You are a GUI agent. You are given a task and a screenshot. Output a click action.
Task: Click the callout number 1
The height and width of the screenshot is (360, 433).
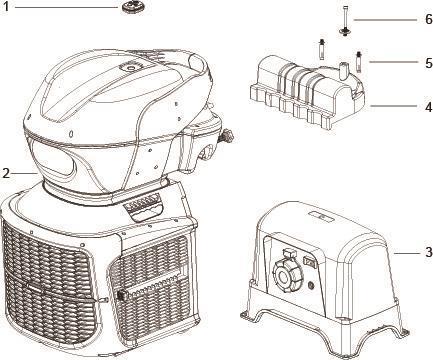5,7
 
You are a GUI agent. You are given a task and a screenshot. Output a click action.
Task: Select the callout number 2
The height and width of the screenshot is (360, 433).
6,173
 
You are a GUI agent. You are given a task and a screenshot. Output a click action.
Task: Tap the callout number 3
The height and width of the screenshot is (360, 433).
429,252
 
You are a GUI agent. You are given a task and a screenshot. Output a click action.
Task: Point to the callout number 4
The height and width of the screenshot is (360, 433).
429,107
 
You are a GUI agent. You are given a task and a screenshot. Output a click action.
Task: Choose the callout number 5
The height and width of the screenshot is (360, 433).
429,63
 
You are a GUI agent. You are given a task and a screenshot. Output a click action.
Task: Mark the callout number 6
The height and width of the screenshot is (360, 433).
429,19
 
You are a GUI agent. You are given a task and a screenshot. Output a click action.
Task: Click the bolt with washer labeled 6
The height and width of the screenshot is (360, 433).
344,21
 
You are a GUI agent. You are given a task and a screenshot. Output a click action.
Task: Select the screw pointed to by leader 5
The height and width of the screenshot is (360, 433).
359,61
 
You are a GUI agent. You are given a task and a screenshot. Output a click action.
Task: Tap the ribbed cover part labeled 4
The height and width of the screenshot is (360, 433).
307,91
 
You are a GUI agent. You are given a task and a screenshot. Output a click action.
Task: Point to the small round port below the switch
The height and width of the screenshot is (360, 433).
311,285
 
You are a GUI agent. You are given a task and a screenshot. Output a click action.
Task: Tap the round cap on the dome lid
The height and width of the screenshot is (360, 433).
129,68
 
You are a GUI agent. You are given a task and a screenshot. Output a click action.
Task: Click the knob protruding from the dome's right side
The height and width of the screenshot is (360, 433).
227,136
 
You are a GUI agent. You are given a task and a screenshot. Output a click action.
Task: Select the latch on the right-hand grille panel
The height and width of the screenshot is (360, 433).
122,295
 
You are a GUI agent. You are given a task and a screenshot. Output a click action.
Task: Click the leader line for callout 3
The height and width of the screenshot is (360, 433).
407,253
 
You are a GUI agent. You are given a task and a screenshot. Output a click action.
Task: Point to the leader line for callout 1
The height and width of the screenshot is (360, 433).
67,7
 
